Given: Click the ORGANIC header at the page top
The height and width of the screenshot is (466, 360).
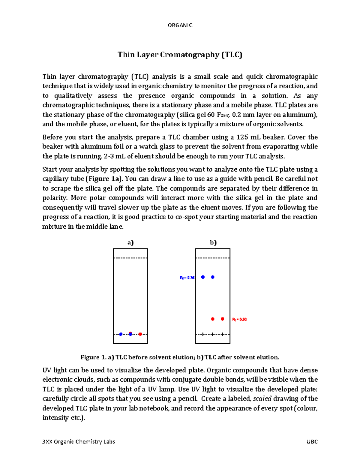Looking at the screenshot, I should click(x=180, y=25).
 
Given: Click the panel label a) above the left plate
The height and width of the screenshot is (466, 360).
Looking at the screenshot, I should click(x=130, y=242).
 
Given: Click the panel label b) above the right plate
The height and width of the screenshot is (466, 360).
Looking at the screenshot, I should click(x=213, y=242).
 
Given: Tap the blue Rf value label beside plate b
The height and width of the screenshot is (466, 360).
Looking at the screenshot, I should click(x=187, y=278).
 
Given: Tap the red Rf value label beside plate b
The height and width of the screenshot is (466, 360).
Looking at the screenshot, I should click(x=239, y=319).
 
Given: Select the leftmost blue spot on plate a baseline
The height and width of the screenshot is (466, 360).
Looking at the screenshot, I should click(x=121, y=334).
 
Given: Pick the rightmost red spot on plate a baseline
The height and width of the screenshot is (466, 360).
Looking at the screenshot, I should click(x=140, y=334).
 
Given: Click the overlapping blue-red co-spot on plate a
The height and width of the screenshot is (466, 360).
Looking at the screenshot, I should click(x=130, y=334).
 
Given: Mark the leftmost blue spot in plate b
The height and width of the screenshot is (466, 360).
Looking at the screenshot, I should click(x=203, y=277).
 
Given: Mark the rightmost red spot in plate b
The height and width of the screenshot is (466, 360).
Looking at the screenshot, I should click(x=222, y=319).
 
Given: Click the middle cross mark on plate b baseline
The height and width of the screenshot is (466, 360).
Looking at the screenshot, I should click(x=213, y=334).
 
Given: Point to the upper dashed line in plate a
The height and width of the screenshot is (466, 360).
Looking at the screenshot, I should click(x=130, y=258).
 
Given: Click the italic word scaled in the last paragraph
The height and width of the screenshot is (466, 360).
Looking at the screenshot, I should click(x=262, y=398).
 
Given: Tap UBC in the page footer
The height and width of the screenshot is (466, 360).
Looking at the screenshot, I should click(x=312, y=442).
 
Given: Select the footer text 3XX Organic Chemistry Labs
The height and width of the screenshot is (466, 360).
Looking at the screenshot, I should click(x=79, y=442).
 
